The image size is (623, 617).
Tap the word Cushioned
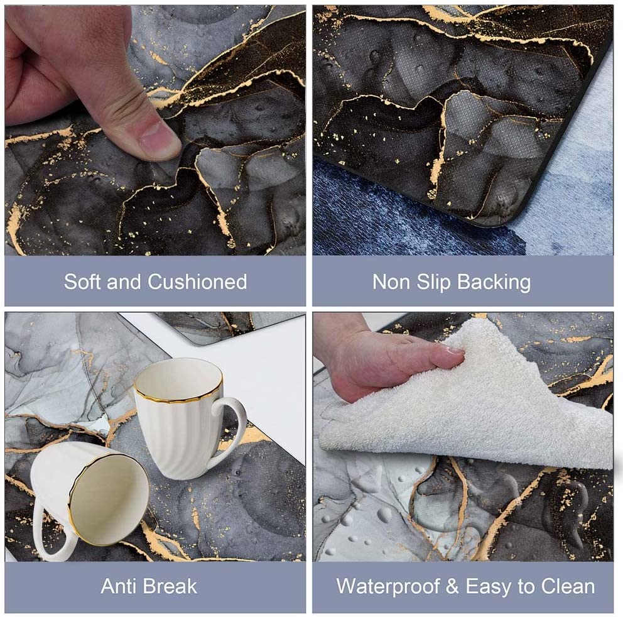click(x=197, y=282)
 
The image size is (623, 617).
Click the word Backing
click(x=494, y=283)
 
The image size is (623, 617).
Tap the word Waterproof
click(x=387, y=587)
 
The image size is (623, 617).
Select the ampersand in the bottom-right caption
click(x=452, y=587)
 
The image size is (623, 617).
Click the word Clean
click(x=568, y=587)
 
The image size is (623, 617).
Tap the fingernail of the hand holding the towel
click(x=453, y=351)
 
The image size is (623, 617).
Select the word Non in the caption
click(x=391, y=283)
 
